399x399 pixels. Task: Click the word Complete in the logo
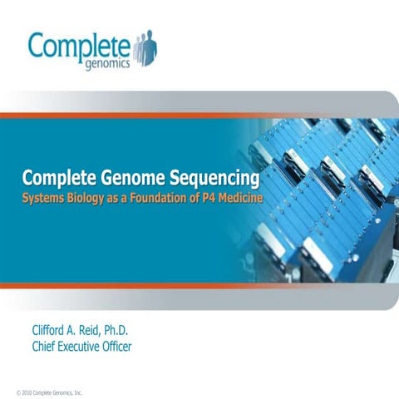[78, 45]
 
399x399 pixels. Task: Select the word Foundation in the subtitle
[166, 199]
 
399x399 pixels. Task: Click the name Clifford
[54, 331]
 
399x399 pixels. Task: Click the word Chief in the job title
[45, 347]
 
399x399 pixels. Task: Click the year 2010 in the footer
[27, 391]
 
